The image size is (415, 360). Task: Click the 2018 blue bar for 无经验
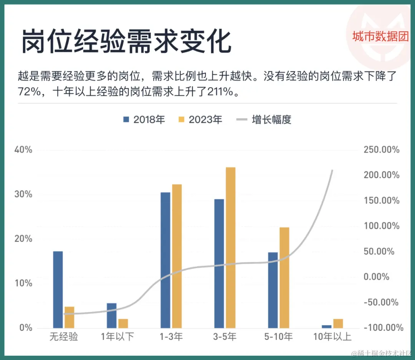(58, 289)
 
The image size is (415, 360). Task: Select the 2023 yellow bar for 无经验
(69, 317)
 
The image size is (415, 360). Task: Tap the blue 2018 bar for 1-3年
(165, 260)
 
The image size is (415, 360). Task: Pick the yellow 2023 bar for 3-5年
(231, 248)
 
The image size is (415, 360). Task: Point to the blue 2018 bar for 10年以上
(327, 326)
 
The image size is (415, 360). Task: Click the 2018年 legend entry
(144, 120)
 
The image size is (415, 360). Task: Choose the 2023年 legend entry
(200, 120)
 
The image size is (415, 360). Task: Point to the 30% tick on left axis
(23, 194)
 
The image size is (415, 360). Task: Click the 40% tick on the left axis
(23, 150)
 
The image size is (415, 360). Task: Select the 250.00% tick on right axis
(382, 150)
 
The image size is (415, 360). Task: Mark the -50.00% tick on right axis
(382, 302)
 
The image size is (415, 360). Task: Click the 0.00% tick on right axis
(377, 277)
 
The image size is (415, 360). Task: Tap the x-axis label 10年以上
(332, 337)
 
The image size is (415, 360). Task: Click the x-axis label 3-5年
(225, 337)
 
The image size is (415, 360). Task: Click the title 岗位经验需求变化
(126, 42)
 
